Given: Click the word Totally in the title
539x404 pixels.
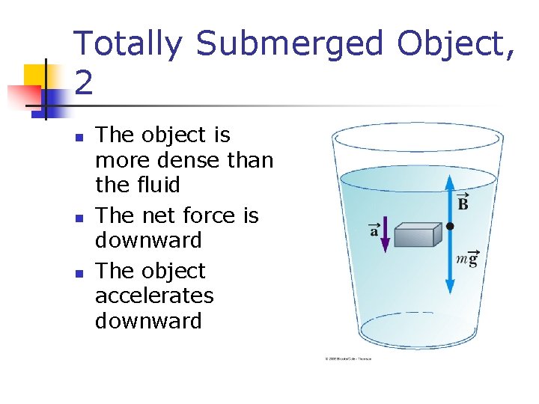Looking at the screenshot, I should (127, 45).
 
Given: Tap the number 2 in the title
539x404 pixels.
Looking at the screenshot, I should (84, 82).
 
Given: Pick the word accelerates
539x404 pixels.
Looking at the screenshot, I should (154, 296).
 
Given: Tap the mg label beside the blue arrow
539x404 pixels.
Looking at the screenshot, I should (466, 259).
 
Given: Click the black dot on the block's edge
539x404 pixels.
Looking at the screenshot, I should (450, 225).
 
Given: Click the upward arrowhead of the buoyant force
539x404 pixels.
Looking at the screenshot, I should (450, 180).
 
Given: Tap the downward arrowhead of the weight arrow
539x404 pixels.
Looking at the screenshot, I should (450, 289).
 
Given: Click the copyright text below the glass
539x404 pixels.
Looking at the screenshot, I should (348, 358).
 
